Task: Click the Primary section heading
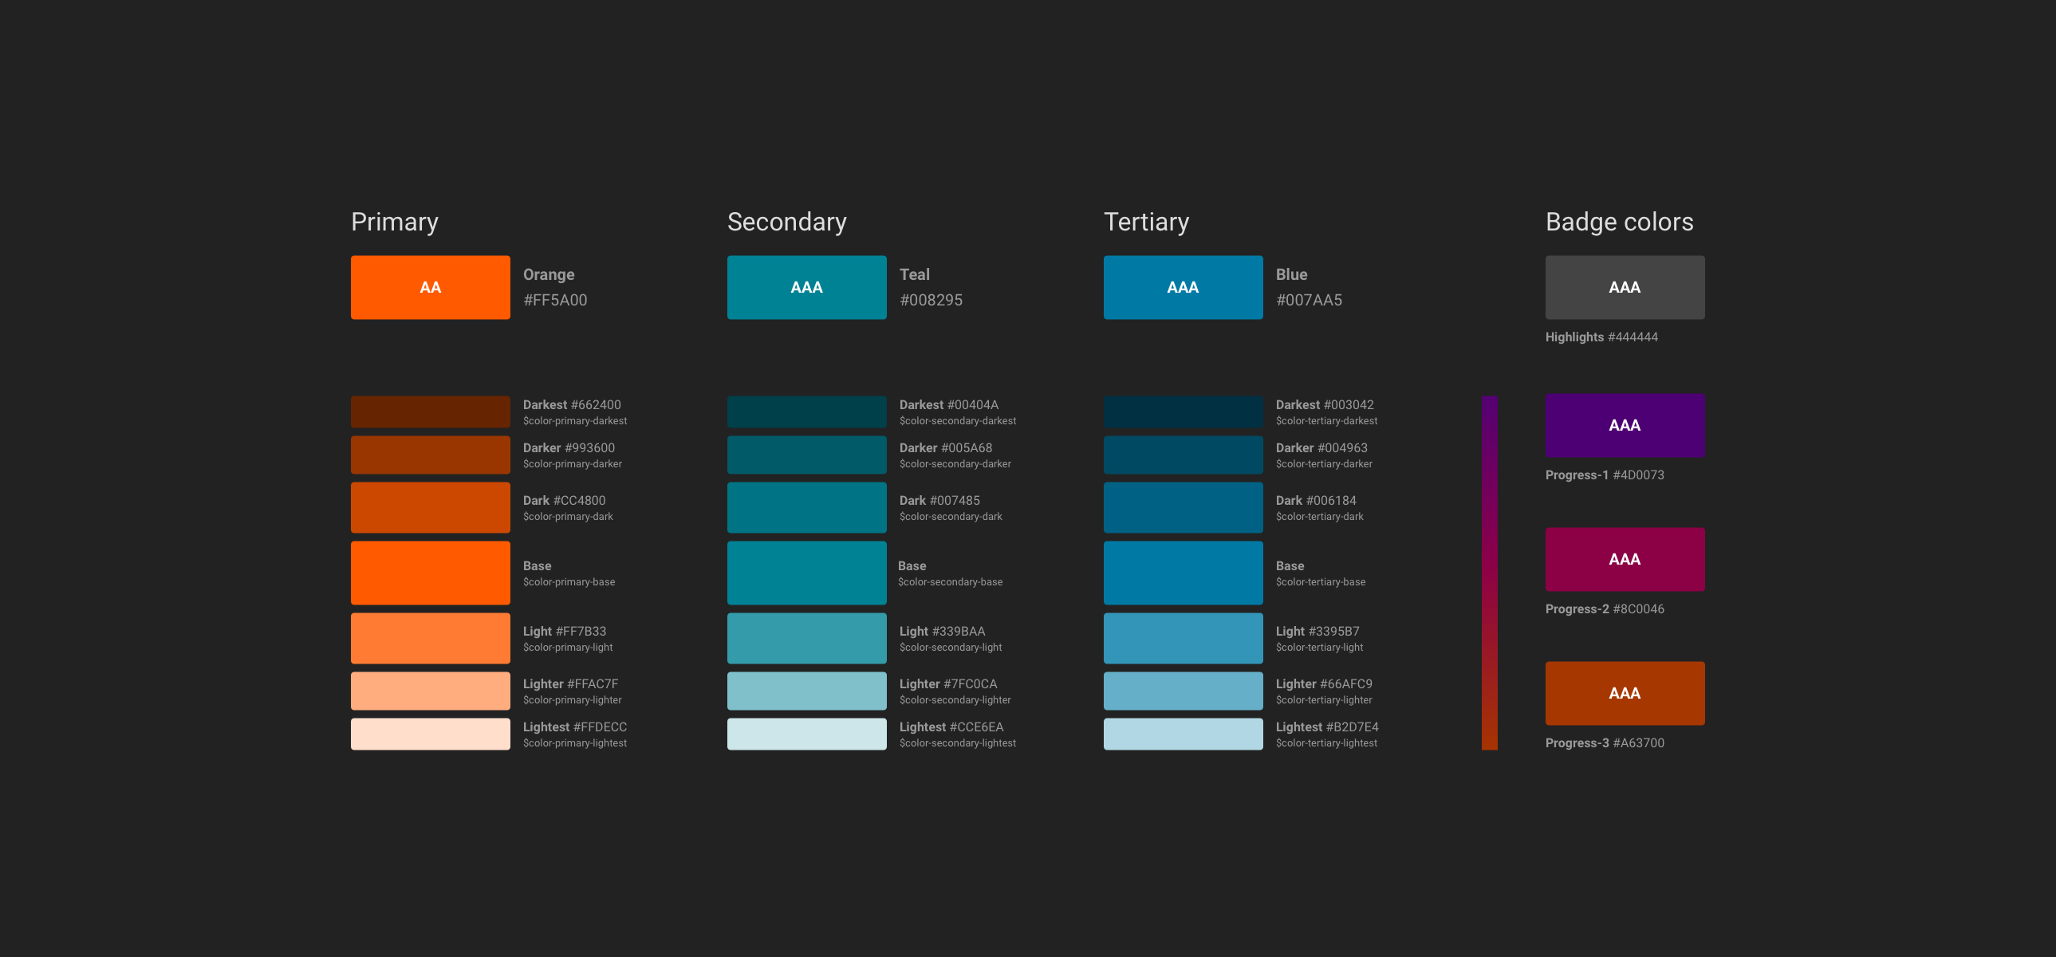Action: click(394, 222)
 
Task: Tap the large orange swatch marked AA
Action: click(430, 287)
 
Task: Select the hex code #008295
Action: click(931, 300)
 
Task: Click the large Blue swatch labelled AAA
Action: click(1183, 287)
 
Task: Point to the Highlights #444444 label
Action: click(1601, 337)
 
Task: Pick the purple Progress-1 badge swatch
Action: click(1625, 425)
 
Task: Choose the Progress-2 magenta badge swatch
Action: click(1625, 560)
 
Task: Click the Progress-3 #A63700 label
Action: click(1605, 743)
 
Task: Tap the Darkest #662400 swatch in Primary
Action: click(430, 412)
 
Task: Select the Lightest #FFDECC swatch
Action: click(430, 734)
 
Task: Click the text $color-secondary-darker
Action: click(955, 463)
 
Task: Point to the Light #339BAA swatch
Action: click(807, 639)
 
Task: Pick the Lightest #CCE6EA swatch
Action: click(807, 734)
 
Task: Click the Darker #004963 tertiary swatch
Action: click(1183, 455)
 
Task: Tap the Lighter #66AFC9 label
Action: click(1324, 684)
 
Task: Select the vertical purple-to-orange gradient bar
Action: click(1489, 573)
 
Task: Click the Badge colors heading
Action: click(1620, 222)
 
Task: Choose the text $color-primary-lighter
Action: click(573, 700)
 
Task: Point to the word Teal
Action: click(915, 274)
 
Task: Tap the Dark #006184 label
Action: click(1316, 501)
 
